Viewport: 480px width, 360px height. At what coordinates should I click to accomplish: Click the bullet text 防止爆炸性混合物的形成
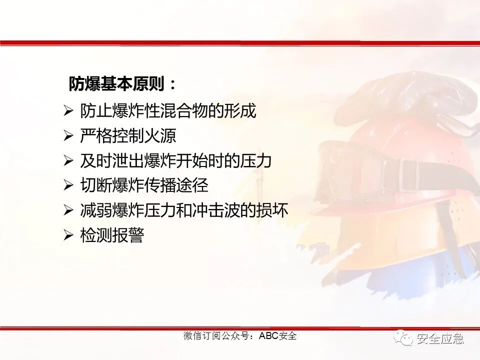point(168,111)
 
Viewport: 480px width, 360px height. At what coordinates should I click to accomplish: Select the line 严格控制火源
point(128,136)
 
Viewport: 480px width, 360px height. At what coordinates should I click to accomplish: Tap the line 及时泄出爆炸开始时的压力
point(175,161)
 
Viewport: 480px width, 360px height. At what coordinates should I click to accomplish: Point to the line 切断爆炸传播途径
point(144,186)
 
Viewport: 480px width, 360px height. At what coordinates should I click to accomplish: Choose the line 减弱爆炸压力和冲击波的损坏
point(184,211)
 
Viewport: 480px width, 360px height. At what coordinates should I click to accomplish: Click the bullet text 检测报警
point(112,235)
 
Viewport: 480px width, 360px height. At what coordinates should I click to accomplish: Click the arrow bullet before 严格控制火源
point(68,136)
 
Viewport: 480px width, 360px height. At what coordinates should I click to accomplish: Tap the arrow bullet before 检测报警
point(68,235)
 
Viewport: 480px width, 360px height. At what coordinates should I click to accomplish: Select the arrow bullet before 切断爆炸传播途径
point(68,186)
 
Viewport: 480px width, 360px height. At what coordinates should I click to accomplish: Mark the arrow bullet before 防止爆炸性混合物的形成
point(68,111)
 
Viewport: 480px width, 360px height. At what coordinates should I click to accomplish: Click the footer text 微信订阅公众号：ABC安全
point(240,336)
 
